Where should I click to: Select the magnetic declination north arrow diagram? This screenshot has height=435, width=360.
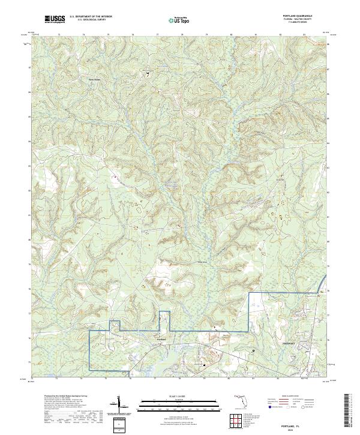(119, 404)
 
